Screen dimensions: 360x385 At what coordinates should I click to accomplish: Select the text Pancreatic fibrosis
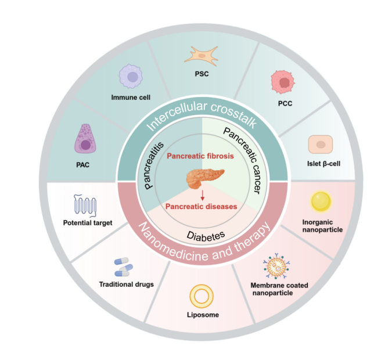point(201,156)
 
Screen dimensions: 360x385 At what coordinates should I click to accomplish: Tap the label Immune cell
point(131,97)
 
